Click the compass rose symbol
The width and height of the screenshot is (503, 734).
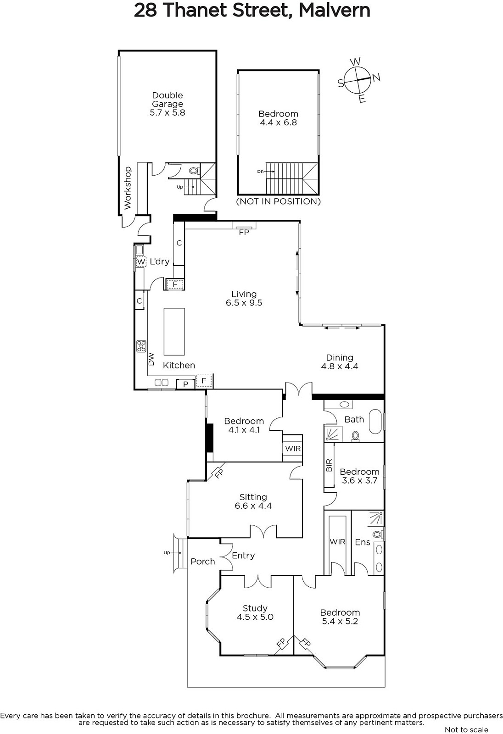click(359, 80)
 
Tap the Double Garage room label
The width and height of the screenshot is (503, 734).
click(167, 104)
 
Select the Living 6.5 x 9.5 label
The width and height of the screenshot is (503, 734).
click(244, 299)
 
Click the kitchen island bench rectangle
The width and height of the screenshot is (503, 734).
click(174, 331)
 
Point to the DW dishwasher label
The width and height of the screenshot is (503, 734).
click(151, 359)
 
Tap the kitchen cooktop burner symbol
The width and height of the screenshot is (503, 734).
click(141, 346)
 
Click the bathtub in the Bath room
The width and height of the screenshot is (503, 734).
click(376, 421)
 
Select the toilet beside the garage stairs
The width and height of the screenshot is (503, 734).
click(194, 171)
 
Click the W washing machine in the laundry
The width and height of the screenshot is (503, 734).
click(141, 262)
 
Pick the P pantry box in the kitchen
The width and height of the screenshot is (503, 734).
click(185, 384)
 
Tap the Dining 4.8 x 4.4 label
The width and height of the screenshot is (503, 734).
click(339, 362)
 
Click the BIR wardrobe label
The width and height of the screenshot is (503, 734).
click(329, 465)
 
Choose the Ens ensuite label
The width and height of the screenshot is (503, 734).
click(362, 542)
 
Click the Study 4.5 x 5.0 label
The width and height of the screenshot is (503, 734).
click(255, 612)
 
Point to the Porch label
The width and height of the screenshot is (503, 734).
click(203, 562)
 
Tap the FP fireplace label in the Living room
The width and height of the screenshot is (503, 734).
click(244, 232)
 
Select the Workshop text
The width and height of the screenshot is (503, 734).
click(128, 188)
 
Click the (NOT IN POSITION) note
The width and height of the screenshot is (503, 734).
click(279, 201)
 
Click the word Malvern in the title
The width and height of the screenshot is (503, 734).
click(335, 10)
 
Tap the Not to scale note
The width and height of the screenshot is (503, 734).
click(466, 729)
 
